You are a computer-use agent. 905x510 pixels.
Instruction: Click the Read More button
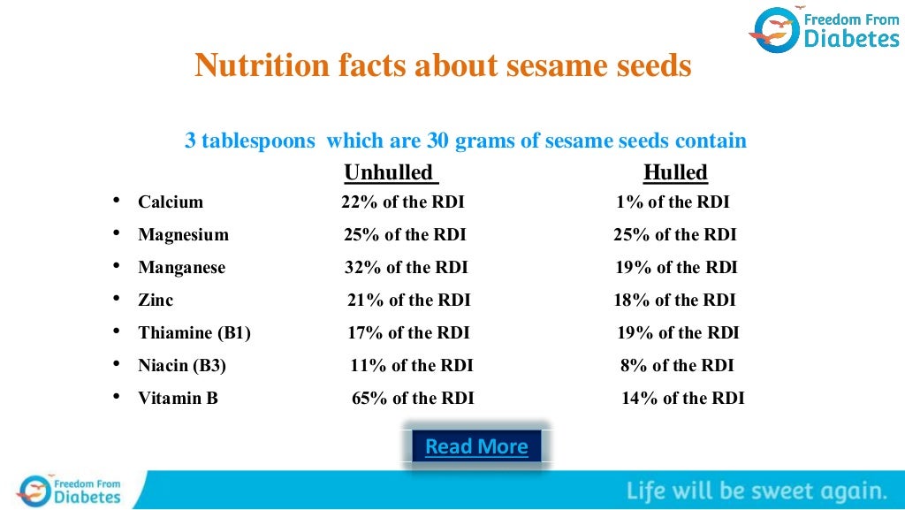coord(476,446)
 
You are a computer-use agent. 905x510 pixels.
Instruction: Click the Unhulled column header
coord(389,171)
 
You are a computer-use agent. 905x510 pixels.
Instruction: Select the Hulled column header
coord(675,171)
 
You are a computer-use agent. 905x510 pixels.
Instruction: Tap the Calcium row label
coord(171,202)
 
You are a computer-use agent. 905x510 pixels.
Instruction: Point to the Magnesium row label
coord(183,234)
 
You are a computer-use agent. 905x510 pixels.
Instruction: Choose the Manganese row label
coord(181,267)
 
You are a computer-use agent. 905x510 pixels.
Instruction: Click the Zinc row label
coord(156,300)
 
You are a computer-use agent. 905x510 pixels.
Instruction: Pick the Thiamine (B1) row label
coord(194,332)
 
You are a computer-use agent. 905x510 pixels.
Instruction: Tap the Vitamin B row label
coord(178,398)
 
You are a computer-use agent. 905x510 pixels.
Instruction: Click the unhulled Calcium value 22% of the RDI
coord(402,202)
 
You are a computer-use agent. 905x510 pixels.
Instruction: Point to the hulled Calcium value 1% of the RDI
coord(673,202)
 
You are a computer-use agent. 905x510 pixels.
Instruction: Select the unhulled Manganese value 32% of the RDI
coord(406,267)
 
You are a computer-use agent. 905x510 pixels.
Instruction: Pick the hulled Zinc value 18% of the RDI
coord(674,300)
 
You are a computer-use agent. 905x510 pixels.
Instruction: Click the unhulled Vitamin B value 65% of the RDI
coord(413,398)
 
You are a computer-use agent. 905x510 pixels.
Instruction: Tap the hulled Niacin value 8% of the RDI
coord(677,365)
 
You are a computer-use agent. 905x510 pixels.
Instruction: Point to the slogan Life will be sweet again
coord(757,491)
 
